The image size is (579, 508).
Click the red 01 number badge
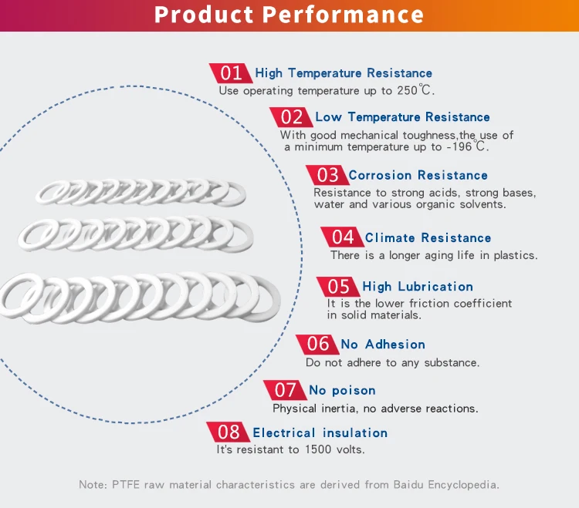pos(230,73)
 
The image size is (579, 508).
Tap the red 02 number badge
pos(291,117)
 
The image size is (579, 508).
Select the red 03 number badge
pos(327,175)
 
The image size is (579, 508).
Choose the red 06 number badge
pos(317,344)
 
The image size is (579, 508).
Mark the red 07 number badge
pos(285,390)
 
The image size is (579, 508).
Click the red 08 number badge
pos(229,432)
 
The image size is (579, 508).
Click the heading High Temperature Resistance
pos(344,73)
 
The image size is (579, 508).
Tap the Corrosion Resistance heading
pos(418,176)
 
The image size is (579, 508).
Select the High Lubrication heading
pos(418,287)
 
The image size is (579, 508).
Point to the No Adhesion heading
pos(383,345)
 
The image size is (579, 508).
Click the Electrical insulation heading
pos(320,433)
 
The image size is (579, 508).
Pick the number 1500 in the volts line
pos(319,449)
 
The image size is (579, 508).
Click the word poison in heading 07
pos(354,391)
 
